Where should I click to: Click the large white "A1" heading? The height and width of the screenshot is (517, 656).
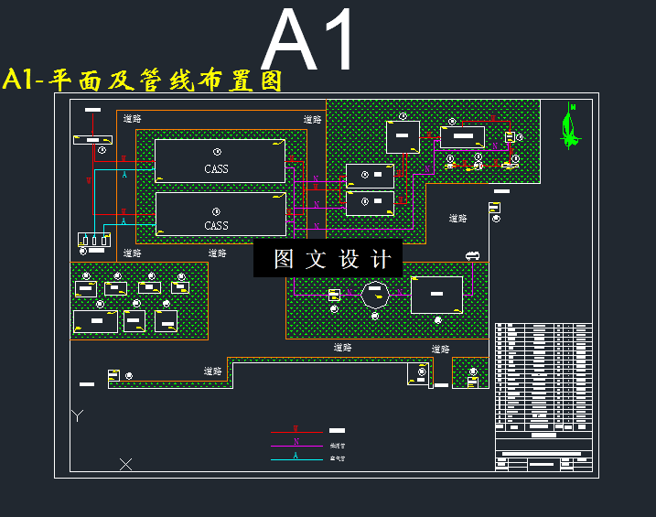[x=309, y=42]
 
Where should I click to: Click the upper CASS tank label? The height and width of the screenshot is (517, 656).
[x=217, y=168]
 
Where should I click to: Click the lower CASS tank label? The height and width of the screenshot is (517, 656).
[x=217, y=225]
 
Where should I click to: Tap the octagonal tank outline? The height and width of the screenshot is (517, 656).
[x=375, y=295]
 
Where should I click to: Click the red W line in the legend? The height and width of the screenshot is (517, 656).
[x=296, y=431]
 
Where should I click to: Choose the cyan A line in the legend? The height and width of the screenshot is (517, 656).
[x=296, y=458]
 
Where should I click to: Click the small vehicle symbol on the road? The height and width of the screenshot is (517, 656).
[x=472, y=255]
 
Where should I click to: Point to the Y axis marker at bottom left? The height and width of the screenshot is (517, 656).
[x=78, y=416]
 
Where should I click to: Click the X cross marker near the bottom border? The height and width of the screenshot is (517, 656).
[x=126, y=464]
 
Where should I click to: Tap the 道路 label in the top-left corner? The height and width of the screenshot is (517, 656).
[x=132, y=117]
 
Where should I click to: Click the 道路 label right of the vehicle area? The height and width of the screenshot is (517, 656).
[x=457, y=219]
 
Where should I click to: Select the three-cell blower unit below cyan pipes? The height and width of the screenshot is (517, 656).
[x=94, y=240]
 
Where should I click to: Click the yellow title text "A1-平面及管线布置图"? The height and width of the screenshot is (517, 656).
[x=143, y=81]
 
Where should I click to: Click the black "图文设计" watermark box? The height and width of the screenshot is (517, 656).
[x=328, y=259]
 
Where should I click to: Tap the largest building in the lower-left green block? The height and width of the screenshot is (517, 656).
[x=96, y=321]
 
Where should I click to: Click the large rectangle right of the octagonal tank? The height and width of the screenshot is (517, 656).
[x=436, y=295]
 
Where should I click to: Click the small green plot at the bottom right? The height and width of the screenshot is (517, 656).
[x=470, y=373]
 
